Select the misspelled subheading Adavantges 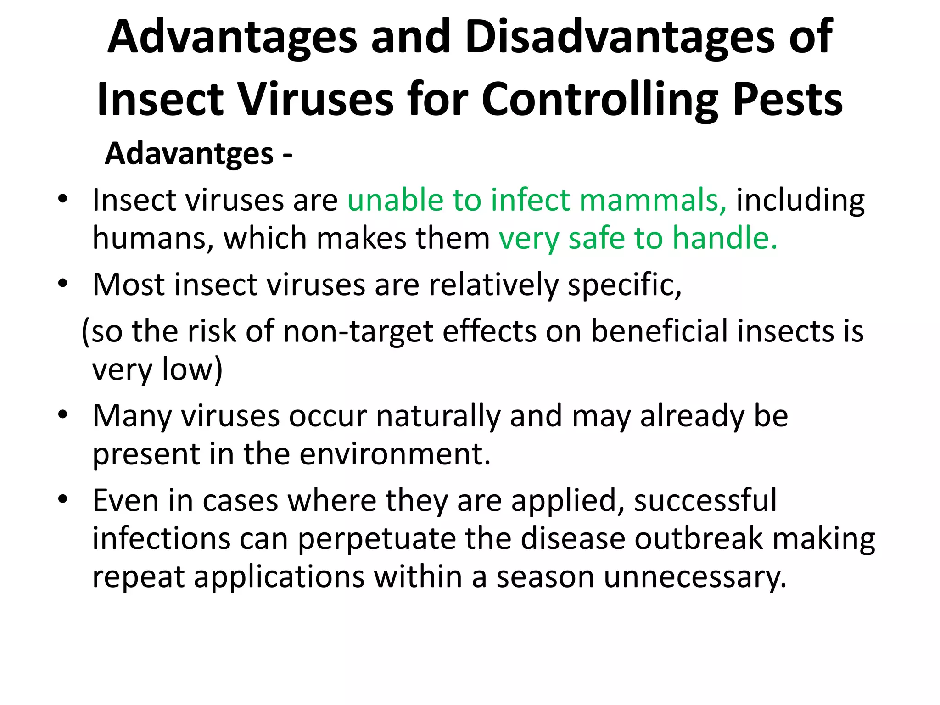[189, 154]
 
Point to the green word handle [725, 239]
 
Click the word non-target [358, 331]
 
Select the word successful [705, 501]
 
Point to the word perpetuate [377, 539]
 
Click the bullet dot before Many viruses [63, 415]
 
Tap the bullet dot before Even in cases [63, 499]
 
